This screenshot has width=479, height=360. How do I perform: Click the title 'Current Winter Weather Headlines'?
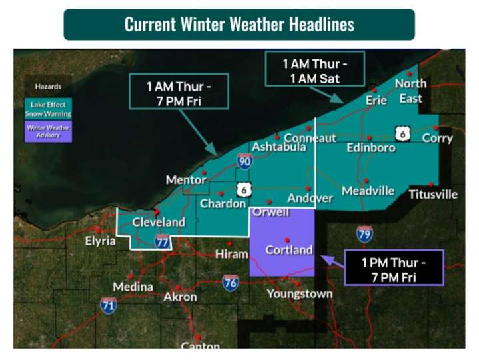coord(239,25)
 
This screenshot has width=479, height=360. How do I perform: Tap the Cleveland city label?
coord(158,222)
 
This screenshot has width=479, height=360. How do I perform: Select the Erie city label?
coord(376,100)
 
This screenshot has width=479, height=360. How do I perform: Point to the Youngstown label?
coord(300,293)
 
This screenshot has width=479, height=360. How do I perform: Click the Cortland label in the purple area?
coord(289,250)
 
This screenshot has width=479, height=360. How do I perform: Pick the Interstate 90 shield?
coord(244,161)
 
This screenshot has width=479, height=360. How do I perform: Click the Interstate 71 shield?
coord(109,305)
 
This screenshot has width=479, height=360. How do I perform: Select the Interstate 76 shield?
coord(231,282)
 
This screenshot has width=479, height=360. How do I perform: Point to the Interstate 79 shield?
coord(364,233)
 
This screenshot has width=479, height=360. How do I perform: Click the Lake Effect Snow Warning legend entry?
coord(48,109)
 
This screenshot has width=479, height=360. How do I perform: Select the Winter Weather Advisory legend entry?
coord(48,131)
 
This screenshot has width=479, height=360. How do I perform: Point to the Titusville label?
coord(433,195)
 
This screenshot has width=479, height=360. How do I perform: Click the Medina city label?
coord(133,287)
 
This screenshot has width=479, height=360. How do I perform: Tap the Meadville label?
coord(368,191)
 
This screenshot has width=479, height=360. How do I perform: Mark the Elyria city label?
coord(100,241)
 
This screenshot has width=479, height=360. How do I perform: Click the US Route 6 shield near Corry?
coord(402,133)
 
